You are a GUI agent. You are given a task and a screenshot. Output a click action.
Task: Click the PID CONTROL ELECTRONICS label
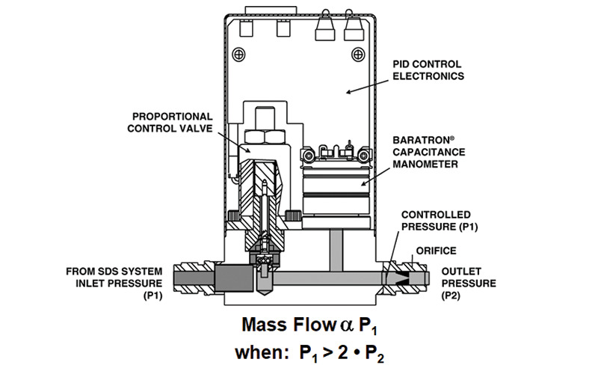428,70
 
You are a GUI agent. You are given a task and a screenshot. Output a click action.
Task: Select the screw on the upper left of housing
239,54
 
